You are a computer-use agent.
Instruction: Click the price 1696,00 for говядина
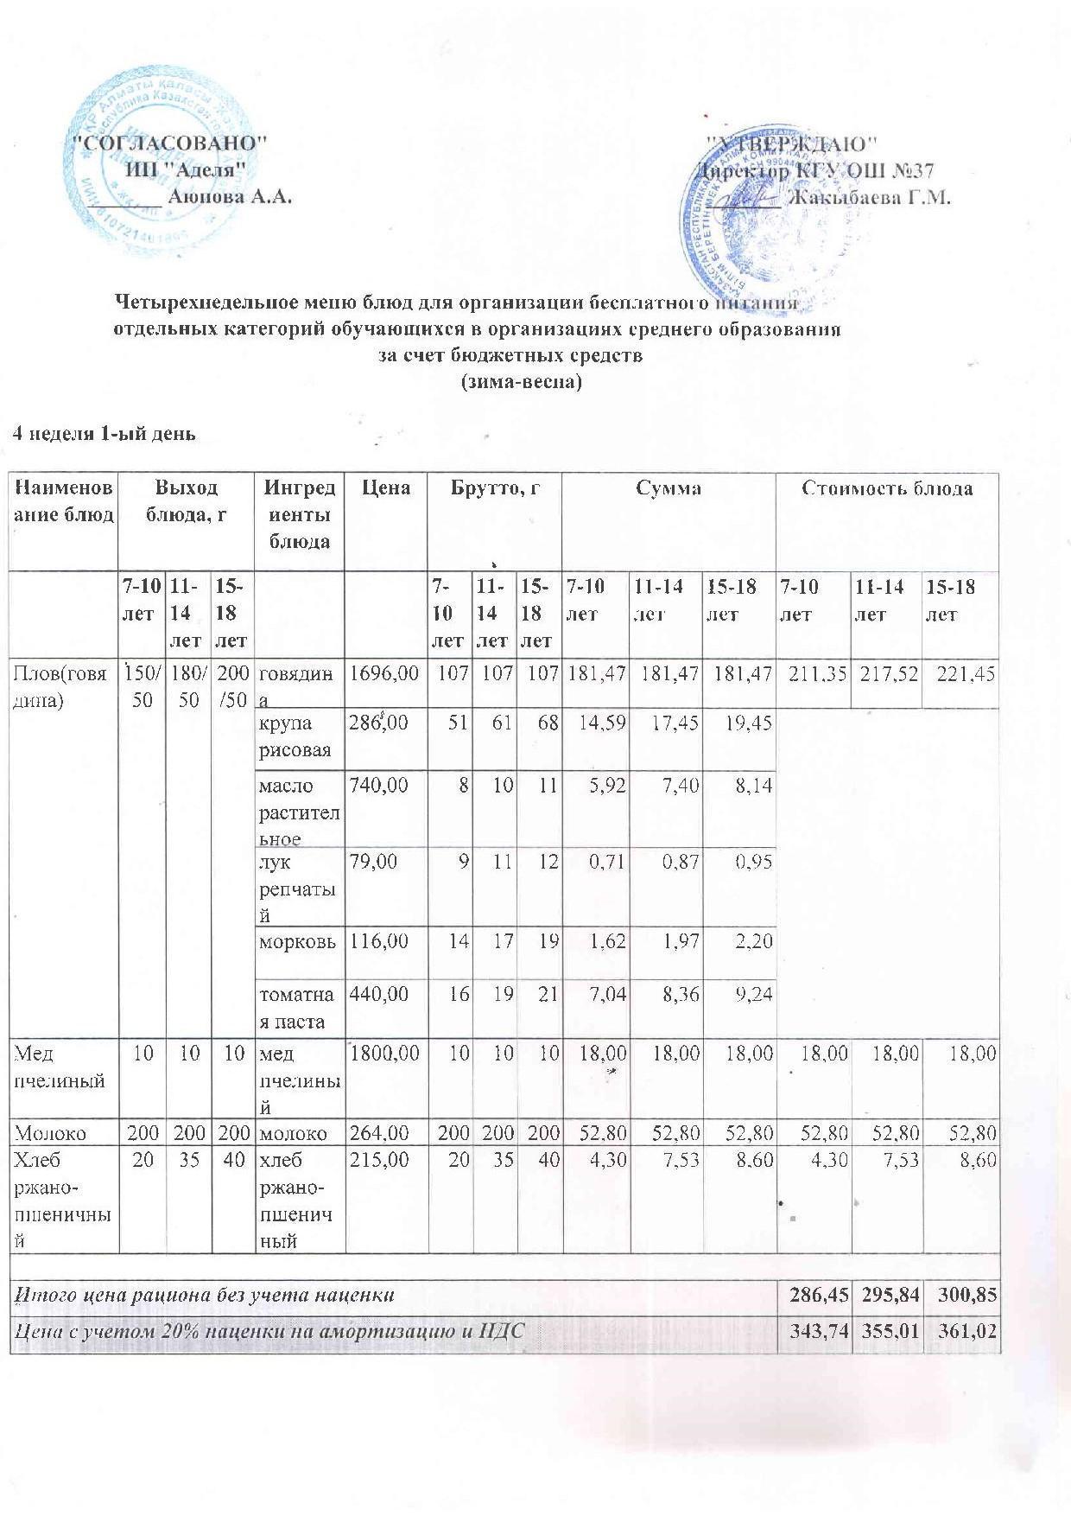tap(383, 673)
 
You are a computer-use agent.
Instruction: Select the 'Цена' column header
tap(387, 489)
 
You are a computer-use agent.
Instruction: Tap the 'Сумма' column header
tap(669, 489)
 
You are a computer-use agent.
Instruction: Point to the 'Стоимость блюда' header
tap(887, 489)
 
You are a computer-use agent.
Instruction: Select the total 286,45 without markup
tap(814, 1295)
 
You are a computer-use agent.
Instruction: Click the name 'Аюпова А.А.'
tap(229, 197)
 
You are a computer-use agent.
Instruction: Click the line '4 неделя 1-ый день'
tap(103, 434)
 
